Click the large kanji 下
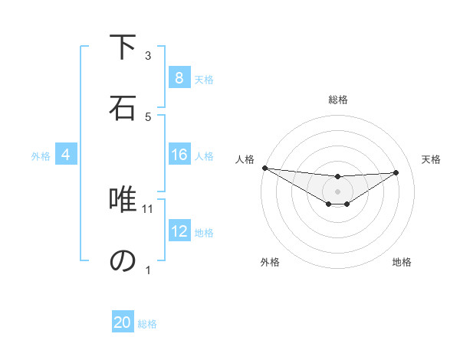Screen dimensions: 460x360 [123, 47]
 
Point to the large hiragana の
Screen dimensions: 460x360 [123, 261]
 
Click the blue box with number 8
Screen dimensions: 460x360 [179, 78]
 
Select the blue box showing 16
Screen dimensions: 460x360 [179, 155]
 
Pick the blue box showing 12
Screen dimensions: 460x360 [179, 231]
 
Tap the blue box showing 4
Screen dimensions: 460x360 [66, 155]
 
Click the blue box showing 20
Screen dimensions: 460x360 [123, 322]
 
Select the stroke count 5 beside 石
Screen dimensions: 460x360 [148, 116]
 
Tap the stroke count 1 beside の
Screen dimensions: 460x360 [148, 270]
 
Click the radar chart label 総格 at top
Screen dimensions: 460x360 [338, 100]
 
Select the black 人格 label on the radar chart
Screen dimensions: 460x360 [245, 159]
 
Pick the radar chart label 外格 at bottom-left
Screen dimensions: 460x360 [270, 262]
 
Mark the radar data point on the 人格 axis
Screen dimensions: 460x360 [264, 168]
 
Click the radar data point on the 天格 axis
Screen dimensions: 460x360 [396, 172]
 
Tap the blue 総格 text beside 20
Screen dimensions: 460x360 [147, 323]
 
